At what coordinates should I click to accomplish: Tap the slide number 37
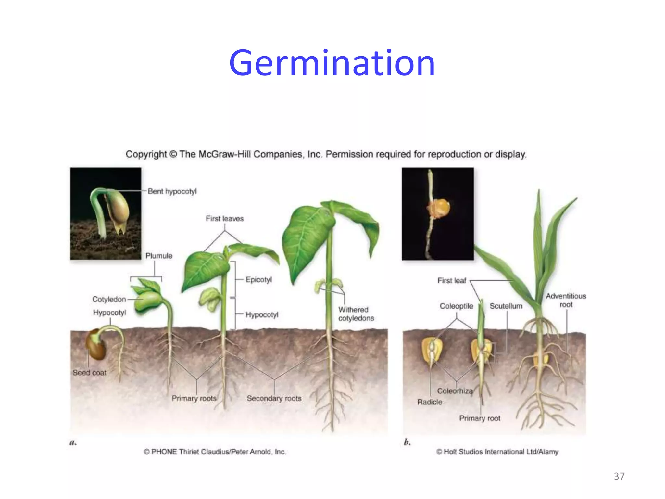coord(619,476)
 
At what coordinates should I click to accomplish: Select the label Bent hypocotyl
coord(172,191)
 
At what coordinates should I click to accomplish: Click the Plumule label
coord(159,256)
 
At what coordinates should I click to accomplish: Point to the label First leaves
coord(224,219)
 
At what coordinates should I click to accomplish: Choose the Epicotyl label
coord(258,279)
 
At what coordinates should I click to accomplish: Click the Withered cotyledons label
coord(356,314)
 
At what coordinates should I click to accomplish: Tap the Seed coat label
coord(89,373)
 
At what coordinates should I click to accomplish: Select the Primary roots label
coord(194,398)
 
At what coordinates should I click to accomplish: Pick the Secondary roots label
coord(274,398)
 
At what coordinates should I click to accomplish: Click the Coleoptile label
coord(456,306)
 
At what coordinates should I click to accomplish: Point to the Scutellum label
coord(506,306)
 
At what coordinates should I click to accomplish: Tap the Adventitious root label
coord(566,300)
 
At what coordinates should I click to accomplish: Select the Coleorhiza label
coord(455,391)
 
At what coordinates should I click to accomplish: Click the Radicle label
coord(430,402)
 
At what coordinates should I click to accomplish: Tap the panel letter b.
coord(407,442)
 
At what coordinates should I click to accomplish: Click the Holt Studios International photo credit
coord(497,452)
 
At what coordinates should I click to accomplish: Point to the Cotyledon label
coord(109,299)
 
